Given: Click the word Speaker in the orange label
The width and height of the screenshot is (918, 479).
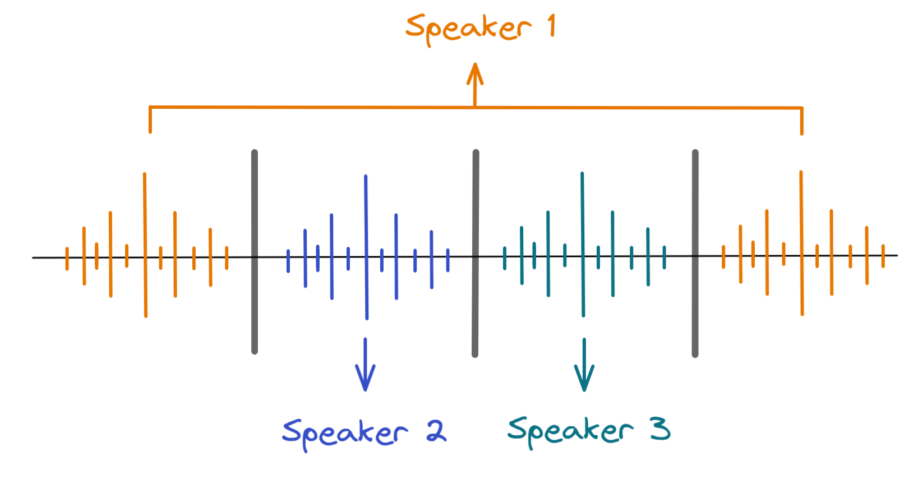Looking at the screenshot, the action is point(468,28).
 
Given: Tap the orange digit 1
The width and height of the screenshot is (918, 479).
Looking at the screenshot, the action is point(552,26).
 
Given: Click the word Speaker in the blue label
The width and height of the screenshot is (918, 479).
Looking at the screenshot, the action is point(344,433).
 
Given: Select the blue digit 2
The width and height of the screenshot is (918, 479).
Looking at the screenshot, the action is point(436,431).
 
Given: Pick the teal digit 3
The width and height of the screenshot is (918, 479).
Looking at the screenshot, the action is point(660,429).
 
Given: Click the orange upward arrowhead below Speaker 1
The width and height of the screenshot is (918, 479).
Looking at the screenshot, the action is point(475,73).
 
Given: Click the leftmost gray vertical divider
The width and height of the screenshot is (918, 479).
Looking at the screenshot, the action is point(255,252).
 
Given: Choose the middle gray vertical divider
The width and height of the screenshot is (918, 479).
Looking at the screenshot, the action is point(476,253).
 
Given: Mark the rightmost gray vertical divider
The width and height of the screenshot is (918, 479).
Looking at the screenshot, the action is point(695,253).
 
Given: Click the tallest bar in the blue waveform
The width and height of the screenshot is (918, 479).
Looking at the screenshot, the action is point(366,247).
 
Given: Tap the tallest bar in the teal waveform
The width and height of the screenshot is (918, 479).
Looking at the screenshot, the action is point(583,245).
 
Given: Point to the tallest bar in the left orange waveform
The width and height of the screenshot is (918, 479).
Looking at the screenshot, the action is point(145,245).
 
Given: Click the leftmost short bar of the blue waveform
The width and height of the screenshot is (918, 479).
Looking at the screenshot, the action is point(288,261).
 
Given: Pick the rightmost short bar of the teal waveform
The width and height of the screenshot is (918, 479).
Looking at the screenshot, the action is point(665,257).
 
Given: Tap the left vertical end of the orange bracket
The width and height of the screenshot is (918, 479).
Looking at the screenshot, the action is point(150,119).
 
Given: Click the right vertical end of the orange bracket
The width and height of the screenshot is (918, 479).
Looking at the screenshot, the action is point(802,121).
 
